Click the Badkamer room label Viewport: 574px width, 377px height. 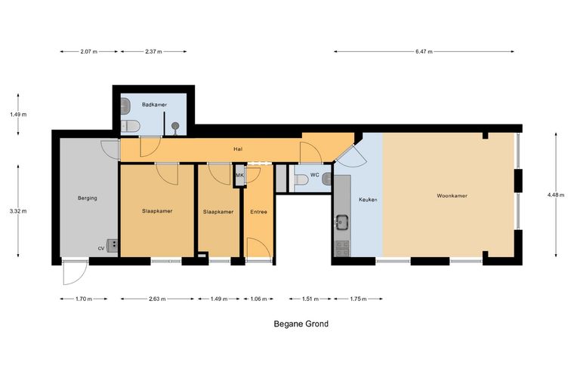[155, 105]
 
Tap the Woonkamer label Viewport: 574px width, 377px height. [452, 196]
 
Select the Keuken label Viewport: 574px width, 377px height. [368, 200]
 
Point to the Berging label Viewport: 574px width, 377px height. [88, 198]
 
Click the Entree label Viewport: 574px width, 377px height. [258, 212]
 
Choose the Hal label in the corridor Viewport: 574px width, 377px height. [238, 149]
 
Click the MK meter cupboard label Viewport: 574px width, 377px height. [239, 176]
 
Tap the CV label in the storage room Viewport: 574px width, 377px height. [101, 248]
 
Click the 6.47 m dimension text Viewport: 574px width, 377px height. [424, 51]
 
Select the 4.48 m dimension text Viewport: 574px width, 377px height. [556, 195]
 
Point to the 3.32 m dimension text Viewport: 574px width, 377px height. [18, 211]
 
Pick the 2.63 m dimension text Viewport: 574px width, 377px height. [157, 299]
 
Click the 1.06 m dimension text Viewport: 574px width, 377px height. [258, 299]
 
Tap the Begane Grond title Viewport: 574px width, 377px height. [301, 323]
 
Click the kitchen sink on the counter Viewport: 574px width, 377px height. [342, 222]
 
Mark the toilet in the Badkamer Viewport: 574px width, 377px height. [131, 126]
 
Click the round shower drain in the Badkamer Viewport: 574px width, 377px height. [175, 126]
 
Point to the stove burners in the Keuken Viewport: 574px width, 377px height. [343, 248]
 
